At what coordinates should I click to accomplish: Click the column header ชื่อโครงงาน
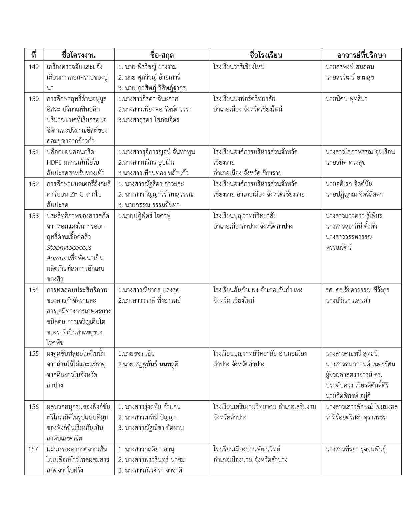79,55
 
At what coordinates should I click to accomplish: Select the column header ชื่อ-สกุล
162,55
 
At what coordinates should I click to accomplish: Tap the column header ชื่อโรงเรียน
266,55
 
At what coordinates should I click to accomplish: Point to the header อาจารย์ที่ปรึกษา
361,55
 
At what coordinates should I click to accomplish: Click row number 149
34,67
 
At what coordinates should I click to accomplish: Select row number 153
34,216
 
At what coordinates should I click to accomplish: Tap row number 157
34,449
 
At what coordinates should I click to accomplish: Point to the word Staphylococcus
69,248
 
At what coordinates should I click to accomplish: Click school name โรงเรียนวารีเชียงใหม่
239,67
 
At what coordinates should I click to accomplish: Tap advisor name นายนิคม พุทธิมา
346,99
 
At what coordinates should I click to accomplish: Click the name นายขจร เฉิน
137,354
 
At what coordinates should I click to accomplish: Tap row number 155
34,354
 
